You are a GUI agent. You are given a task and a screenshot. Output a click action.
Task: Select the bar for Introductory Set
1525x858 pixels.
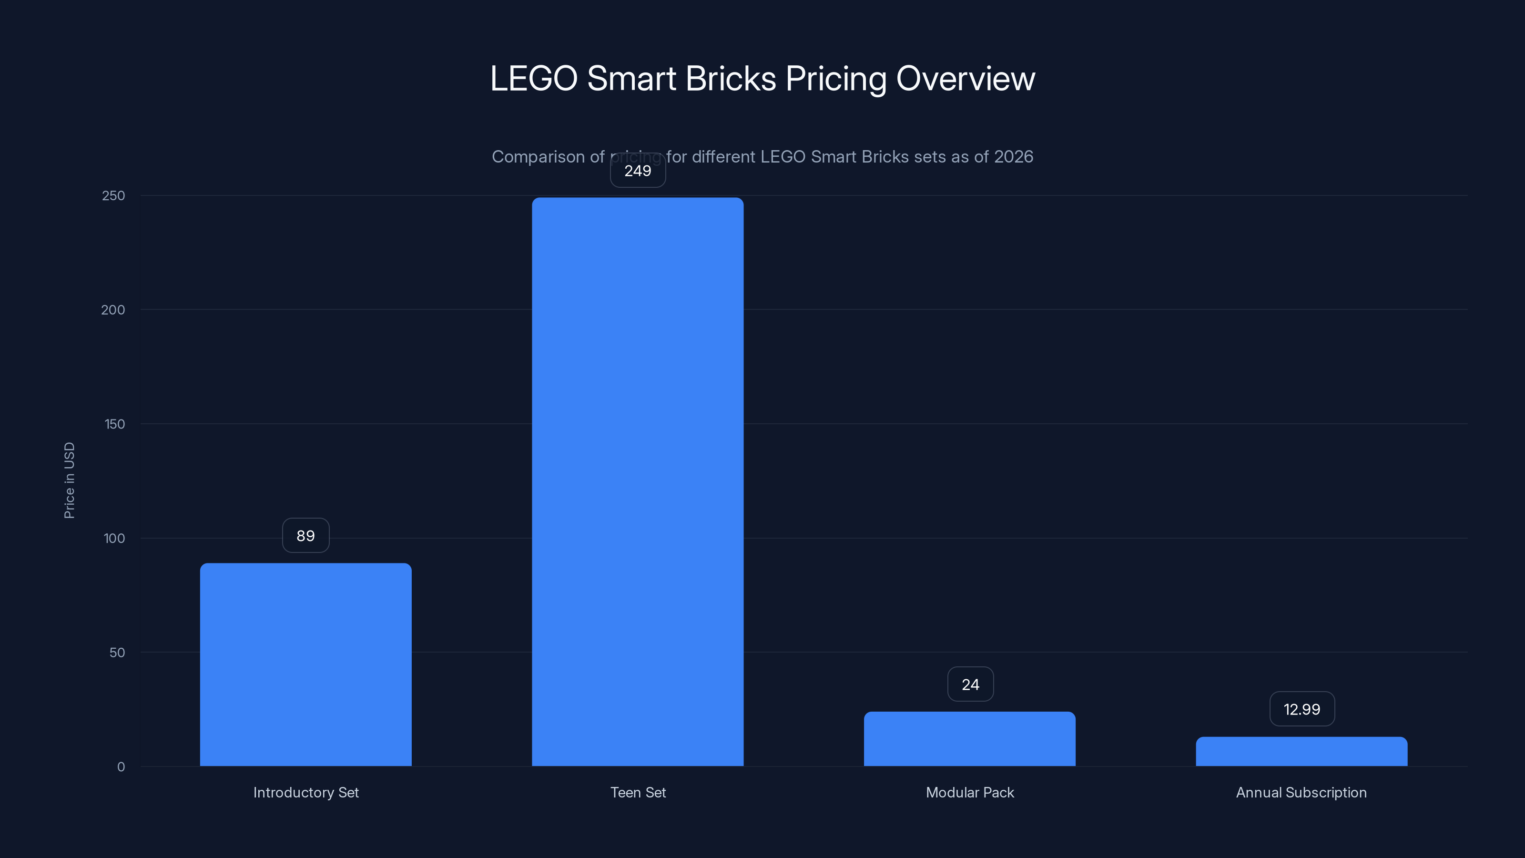305,664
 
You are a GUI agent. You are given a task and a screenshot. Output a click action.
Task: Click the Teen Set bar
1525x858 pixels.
638,481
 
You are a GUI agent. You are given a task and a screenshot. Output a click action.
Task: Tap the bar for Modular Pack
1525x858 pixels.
969,739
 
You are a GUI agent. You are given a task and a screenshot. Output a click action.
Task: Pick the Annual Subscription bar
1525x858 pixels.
1301,751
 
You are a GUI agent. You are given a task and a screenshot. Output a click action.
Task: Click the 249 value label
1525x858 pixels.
638,171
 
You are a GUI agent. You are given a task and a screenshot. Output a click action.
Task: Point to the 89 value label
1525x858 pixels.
305,536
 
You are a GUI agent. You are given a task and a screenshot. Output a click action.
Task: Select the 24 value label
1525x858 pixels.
970,684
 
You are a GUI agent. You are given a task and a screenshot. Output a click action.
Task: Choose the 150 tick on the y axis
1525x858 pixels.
114,424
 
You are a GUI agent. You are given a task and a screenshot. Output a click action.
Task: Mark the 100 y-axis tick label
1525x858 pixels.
114,538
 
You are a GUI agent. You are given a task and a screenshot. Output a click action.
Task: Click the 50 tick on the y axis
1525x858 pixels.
117,653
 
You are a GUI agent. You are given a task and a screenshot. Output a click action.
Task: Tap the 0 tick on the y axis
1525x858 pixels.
121,767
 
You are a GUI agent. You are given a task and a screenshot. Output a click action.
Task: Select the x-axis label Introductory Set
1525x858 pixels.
305,792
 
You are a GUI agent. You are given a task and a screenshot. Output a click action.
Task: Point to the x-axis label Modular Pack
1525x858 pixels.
970,792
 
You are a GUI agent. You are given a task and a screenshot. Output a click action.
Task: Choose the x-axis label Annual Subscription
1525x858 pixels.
1301,792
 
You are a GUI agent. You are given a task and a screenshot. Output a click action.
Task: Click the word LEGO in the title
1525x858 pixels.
533,79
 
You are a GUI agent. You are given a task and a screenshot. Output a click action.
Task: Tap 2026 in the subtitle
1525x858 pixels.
1014,156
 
